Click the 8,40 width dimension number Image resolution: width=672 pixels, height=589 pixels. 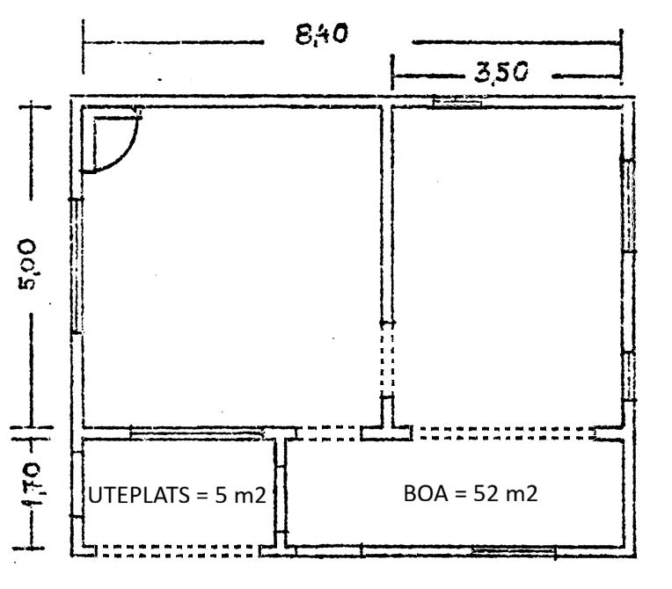(321, 34)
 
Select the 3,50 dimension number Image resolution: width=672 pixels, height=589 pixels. (501, 72)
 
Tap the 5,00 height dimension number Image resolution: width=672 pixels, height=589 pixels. (27, 265)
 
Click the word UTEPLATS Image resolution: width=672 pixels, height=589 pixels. (139, 495)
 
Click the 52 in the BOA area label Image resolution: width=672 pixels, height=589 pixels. (487, 493)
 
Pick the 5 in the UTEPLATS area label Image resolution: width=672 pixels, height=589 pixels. (221, 496)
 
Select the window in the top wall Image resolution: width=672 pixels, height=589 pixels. (457, 101)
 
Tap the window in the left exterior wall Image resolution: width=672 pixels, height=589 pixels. (77, 265)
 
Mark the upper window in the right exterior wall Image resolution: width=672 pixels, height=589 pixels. (628, 205)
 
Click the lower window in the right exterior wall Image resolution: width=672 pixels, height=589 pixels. (629, 375)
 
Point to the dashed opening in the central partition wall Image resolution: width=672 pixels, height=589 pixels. (386, 360)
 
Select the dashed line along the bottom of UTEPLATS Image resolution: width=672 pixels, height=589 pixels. (178, 551)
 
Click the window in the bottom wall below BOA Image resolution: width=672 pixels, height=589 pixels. (513, 551)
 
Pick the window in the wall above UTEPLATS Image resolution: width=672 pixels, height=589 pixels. (196, 433)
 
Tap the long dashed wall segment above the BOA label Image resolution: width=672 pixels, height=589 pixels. (506, 433)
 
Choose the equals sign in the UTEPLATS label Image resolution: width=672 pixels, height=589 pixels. (201, 497)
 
